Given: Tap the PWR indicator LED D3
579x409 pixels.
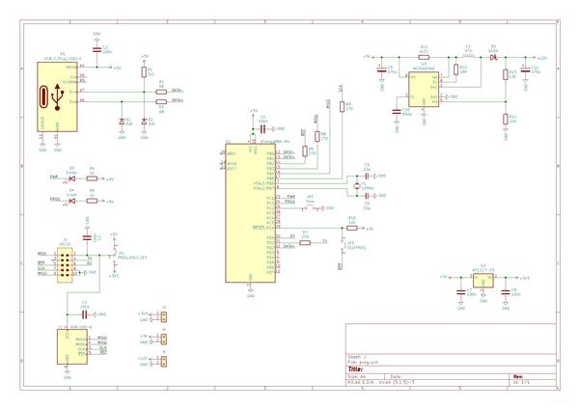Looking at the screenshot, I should point(71,178).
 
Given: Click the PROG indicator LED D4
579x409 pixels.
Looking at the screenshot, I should point(71,201).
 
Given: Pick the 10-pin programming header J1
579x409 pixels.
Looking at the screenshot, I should point(66,262).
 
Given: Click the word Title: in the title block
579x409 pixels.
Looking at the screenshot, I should point(355,368).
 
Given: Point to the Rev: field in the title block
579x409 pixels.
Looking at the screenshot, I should point(518,376).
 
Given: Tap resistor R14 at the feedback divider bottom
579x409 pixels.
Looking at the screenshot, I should point(505,120).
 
